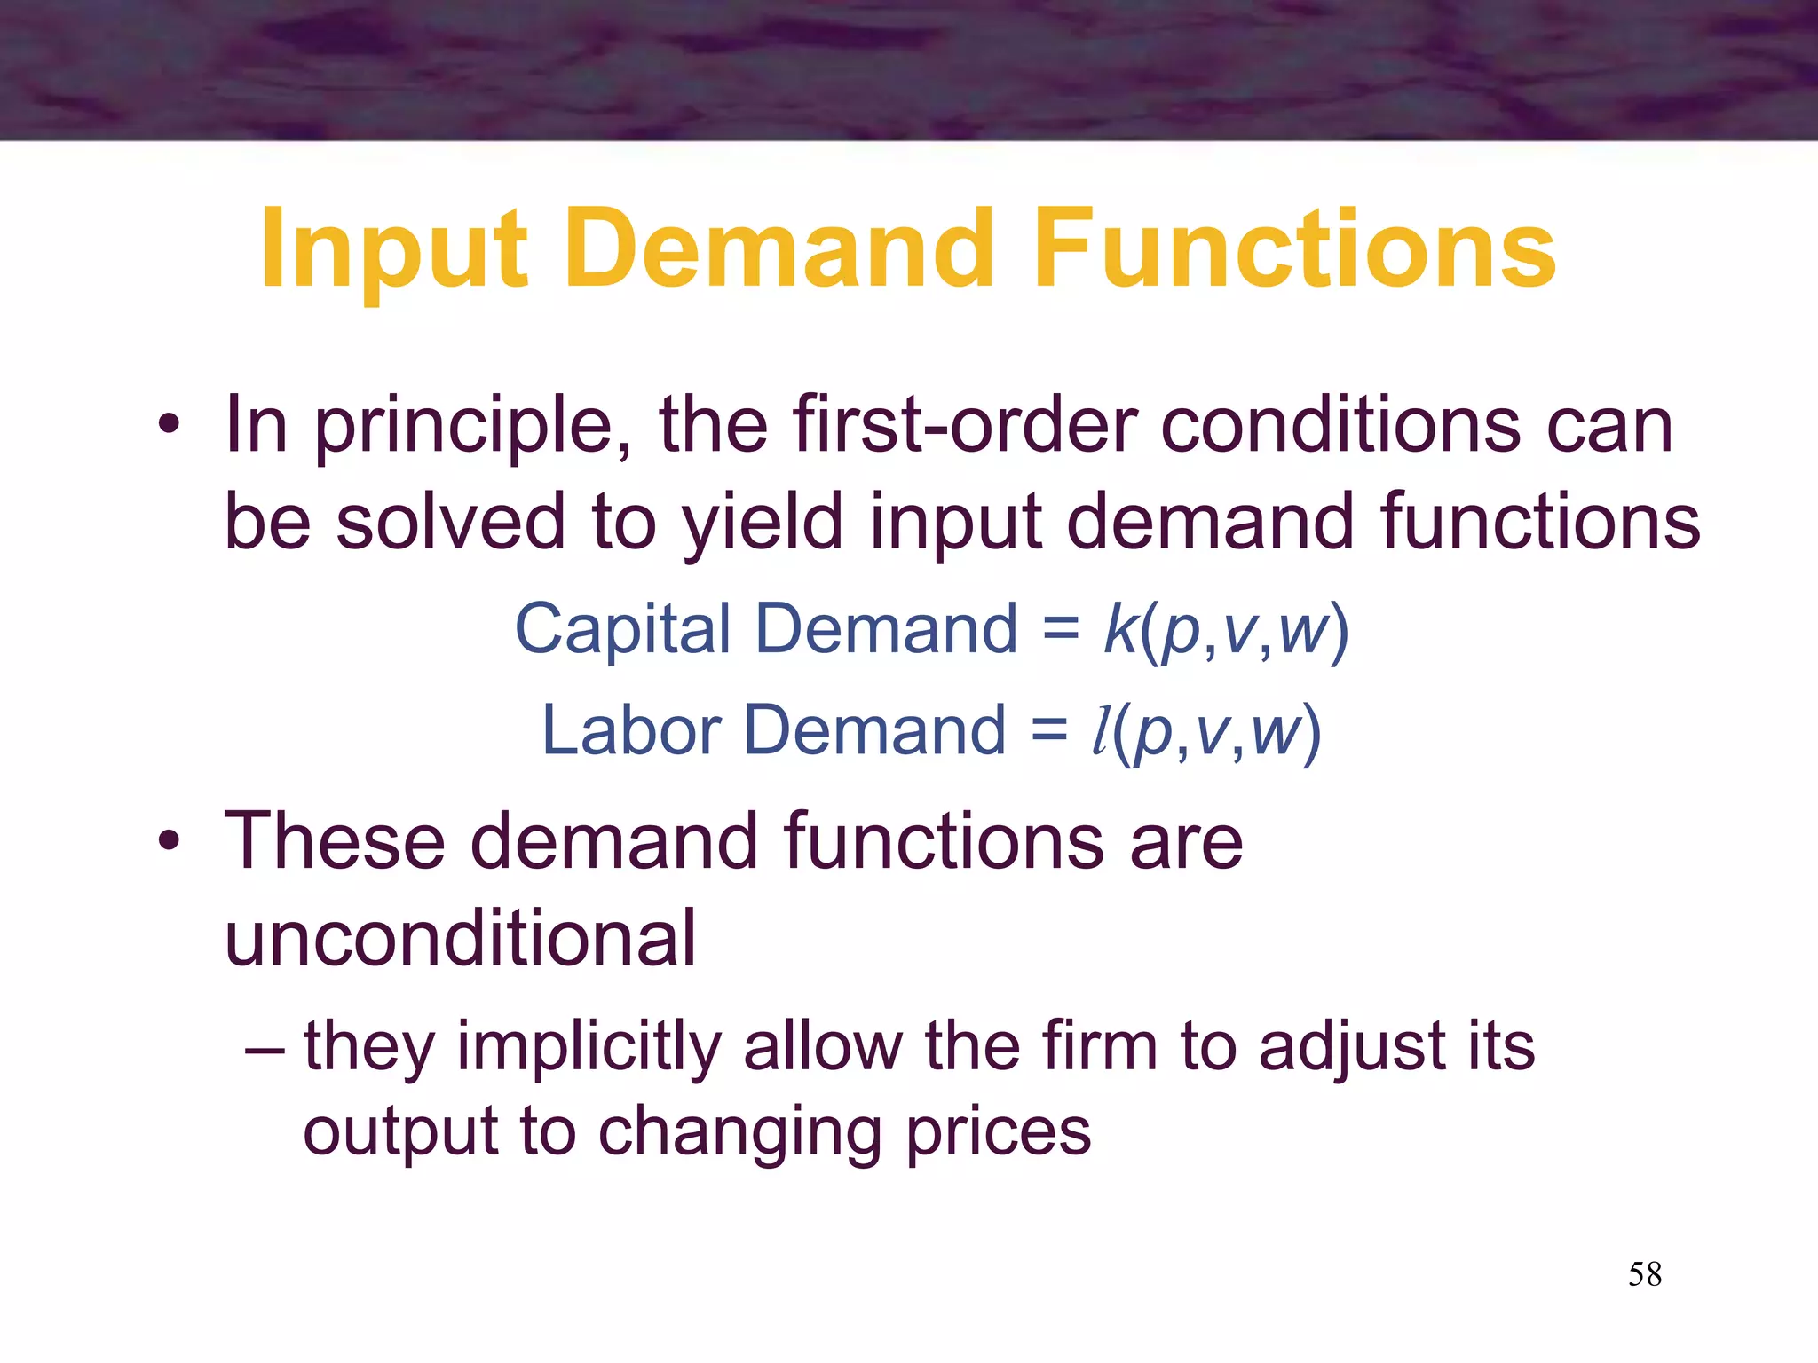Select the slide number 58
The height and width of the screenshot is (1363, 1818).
point(1645,1274)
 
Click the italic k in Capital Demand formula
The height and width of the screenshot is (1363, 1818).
point(1119,628)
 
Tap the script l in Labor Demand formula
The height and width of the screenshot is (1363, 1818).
point(1101,731)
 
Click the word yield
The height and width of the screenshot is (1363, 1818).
point(763,524)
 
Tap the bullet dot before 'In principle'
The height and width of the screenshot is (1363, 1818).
point(168,424)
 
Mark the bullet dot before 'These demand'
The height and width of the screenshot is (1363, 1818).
point(168,839)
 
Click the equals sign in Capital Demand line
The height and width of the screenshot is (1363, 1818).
point(1061,630)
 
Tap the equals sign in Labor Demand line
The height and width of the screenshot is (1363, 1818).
point(1049,731)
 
